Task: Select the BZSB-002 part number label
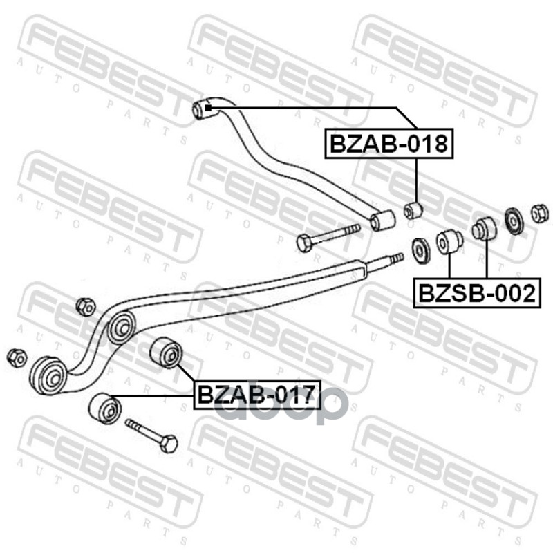pos(476,293)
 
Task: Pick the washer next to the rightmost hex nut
pos(514,221)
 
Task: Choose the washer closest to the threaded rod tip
pos(419,250)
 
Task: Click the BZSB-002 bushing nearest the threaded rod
pos(449,242)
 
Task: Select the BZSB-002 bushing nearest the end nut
pos(484,229)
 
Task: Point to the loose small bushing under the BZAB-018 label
pos(413,208)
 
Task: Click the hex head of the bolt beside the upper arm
pos(304,243)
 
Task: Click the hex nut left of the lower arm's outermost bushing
pos(16,357)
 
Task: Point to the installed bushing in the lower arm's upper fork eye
pos(121,325)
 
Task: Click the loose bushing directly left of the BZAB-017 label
pos(166,351)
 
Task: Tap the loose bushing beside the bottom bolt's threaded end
pos(105,408)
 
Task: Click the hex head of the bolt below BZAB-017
pos(167,443)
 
